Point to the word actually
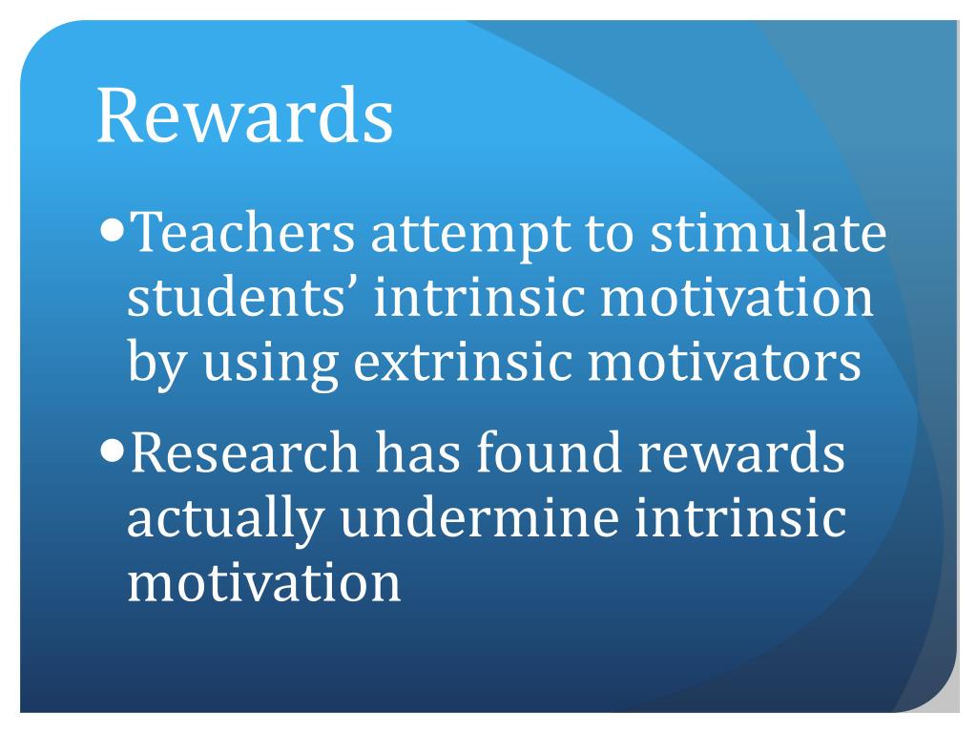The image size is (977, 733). pyautogui.click(x=222, y=520)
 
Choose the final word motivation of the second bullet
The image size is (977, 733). pyautogui.click(x=264, y=582)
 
